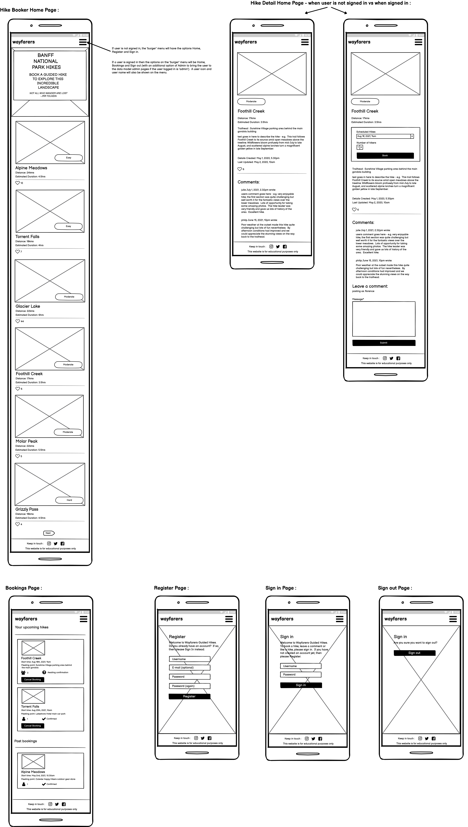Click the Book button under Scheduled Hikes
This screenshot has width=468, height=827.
pos(385,155)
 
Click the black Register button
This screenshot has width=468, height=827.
pos(189,696)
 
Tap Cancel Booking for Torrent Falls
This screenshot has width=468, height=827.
pos(33,726)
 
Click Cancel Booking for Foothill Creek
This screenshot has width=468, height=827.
pos(33,679)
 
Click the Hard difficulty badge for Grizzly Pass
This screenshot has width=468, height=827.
pos(69,500)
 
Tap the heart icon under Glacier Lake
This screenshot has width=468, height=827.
pos(18,321)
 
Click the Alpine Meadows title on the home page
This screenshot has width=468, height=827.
pos(31,168)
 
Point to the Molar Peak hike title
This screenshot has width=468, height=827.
pos(27,441)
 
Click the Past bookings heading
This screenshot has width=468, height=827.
pos(26,741)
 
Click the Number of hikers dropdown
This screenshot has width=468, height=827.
pos(360,147)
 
